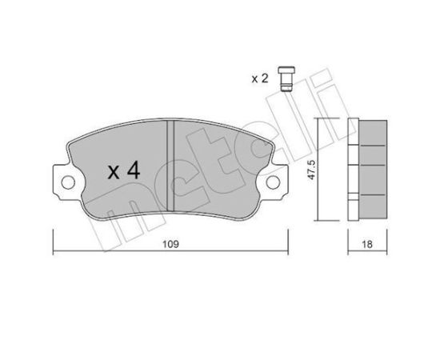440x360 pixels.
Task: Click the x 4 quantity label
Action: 124,171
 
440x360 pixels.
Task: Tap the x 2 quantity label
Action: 260,78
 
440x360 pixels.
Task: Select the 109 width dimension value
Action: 170,244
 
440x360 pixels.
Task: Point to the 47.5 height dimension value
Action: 312,170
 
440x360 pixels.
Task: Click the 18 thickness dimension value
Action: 367,244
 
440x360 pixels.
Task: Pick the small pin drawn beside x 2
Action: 286,78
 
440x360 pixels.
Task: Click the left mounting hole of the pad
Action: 68,182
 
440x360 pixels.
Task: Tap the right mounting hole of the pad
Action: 273,182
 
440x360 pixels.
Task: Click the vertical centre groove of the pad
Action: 170,166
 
